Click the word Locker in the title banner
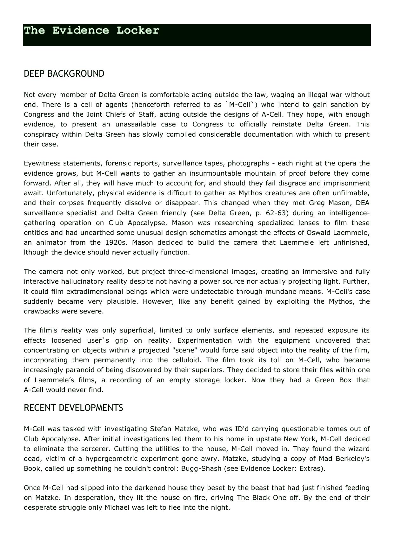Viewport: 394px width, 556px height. [137, 30]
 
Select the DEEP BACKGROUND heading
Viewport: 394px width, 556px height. [64, 74]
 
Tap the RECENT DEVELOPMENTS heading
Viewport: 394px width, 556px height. [73, 408]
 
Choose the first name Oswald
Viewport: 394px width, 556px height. [318, 233]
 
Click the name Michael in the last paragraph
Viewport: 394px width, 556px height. [117, 508]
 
